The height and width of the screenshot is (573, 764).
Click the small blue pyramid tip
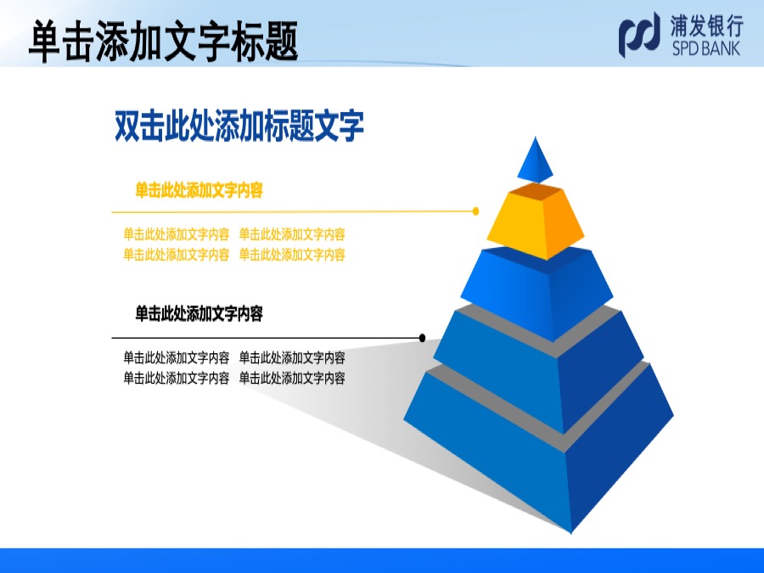point(535,160)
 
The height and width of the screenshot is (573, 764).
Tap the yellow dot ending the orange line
point(475,211)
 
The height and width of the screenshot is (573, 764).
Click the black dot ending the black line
point(422,338)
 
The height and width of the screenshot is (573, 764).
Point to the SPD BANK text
point(706,48)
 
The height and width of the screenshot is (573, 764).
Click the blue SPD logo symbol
point(639,35)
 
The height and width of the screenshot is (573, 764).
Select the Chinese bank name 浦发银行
point(707,25)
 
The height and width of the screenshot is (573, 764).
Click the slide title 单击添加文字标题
point(163,41)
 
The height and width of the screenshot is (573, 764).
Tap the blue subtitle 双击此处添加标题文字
point(239,126)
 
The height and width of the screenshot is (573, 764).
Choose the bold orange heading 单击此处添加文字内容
point(199,190)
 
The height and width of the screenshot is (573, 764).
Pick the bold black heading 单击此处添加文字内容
point(199,313)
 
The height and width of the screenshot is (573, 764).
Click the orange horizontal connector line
point(294,212)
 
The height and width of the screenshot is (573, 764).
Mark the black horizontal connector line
point(267,338)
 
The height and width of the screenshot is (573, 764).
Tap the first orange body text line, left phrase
point(176,234)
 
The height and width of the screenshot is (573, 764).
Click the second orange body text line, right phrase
point(292,255)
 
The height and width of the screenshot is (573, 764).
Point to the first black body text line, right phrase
point(292,358)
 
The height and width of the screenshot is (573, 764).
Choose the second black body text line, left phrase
point(176,378)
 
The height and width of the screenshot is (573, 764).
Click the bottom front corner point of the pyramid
point(571,533)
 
